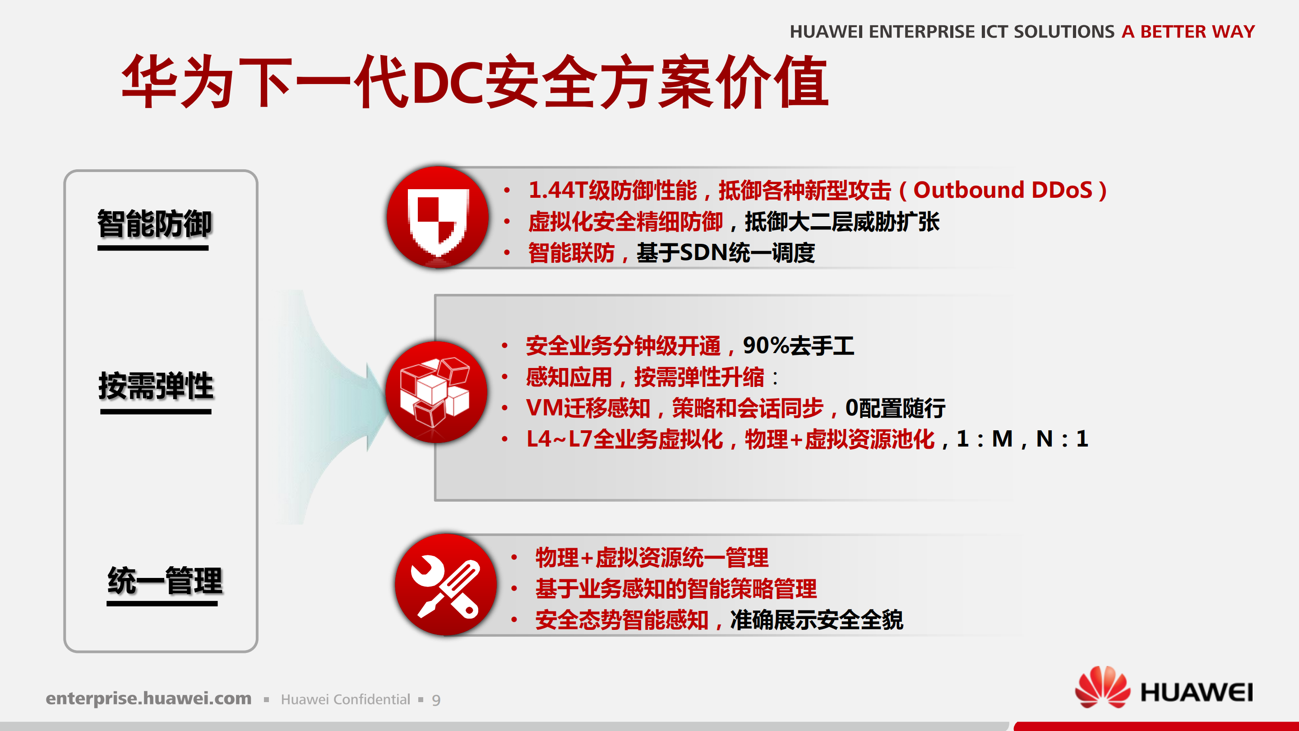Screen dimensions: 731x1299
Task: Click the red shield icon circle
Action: tap(438, 217)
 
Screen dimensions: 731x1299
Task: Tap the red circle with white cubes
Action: tap(436, 392)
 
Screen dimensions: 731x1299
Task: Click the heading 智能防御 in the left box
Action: tap(154, 223)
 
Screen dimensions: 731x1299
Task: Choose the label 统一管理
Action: tap(164, 580)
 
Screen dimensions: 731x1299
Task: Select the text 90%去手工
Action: tap(798, 346)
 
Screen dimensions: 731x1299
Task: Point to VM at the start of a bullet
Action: tap(544, 408)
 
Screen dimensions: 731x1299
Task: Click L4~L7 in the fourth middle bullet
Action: tap(559, 439)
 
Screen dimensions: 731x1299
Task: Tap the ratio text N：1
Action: tap(1062, 439)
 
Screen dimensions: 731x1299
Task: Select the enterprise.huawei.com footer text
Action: tap(148, 698)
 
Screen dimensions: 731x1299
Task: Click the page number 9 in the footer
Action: tap(436, 700)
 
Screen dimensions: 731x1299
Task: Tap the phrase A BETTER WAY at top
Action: tap(1188, 31)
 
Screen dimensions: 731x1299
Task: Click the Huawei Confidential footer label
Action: tap(346, 700)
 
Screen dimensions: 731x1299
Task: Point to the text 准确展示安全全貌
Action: tap(816, 620)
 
